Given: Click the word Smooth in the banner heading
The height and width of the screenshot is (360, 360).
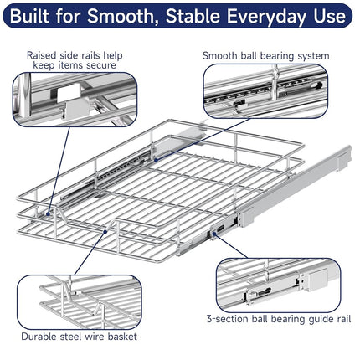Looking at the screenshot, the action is (x=121, y=16).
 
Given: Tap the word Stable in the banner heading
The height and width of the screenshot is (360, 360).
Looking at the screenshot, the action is (x=193, y=16).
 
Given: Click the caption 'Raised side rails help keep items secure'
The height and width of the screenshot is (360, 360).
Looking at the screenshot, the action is (x=75, y=60).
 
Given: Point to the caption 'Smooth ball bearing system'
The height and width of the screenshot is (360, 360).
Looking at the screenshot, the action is (x=265, y=56).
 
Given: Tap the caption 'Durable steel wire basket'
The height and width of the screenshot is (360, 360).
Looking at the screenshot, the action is (x=80, y=337).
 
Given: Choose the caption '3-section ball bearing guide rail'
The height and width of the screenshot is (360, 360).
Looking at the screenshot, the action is (x=279, y=319).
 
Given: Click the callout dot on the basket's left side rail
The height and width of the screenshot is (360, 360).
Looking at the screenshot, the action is (x=48, y=214).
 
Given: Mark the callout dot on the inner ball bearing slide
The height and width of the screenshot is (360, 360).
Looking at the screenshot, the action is (x=156, y=160).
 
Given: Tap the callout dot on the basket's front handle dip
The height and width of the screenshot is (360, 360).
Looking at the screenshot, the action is (x=105, y=231).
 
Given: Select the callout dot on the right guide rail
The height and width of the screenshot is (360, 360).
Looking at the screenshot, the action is (x=214, y=234).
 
